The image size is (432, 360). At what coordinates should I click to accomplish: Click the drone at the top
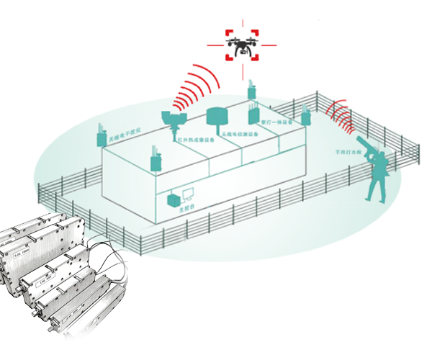(x=242, y=47)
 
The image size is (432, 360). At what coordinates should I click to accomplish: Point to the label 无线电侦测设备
(x=239, y=133)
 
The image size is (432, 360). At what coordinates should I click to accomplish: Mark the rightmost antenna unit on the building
(x=306, y=117)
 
